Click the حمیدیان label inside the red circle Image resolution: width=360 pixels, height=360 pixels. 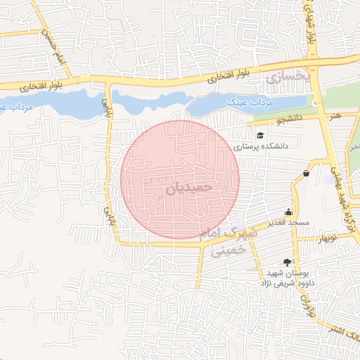(x=188, y=188)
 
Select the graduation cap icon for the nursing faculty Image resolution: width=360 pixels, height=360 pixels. (x=260, y=136)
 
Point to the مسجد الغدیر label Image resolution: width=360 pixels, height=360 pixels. (x=288, y=224)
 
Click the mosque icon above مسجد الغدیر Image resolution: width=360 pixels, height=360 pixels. (x=288, y=212)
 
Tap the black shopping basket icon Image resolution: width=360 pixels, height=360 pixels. (x=306, y=173)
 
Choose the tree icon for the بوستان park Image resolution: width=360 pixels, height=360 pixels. (x=286, y=261)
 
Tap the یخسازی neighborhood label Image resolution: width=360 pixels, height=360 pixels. (x=288, y=73)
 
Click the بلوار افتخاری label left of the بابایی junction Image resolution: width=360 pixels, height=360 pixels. (x=27, y=86)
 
